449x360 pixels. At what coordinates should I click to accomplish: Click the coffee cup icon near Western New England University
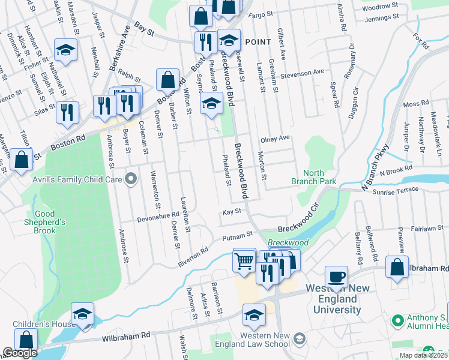pyautogui.click(x=336, y=278)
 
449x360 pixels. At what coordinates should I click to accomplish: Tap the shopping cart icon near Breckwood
pyautogui.click(x=244, y=261)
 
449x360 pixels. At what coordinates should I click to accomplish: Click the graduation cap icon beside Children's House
pyautogui.click(x=82, y=314)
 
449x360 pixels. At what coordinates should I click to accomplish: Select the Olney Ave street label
pyautogui.click(x=275, y=139)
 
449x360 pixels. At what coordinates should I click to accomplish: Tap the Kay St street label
pyautogui.click(x=231, y=211)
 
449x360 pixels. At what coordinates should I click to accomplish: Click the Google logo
pyautogui.click(x=20, y=353)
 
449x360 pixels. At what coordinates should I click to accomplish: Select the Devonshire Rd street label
pyautogui.click(x=158, y=214)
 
